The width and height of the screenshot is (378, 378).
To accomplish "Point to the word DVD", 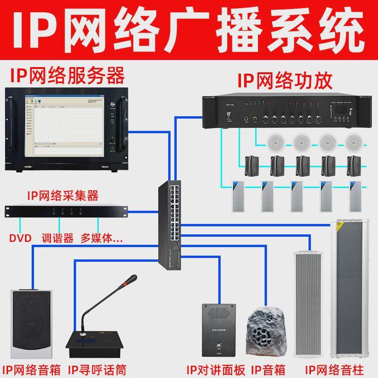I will (20, 238).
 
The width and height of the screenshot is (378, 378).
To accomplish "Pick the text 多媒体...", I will (101, 238).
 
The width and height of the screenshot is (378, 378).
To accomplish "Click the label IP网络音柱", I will (331, 368).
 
